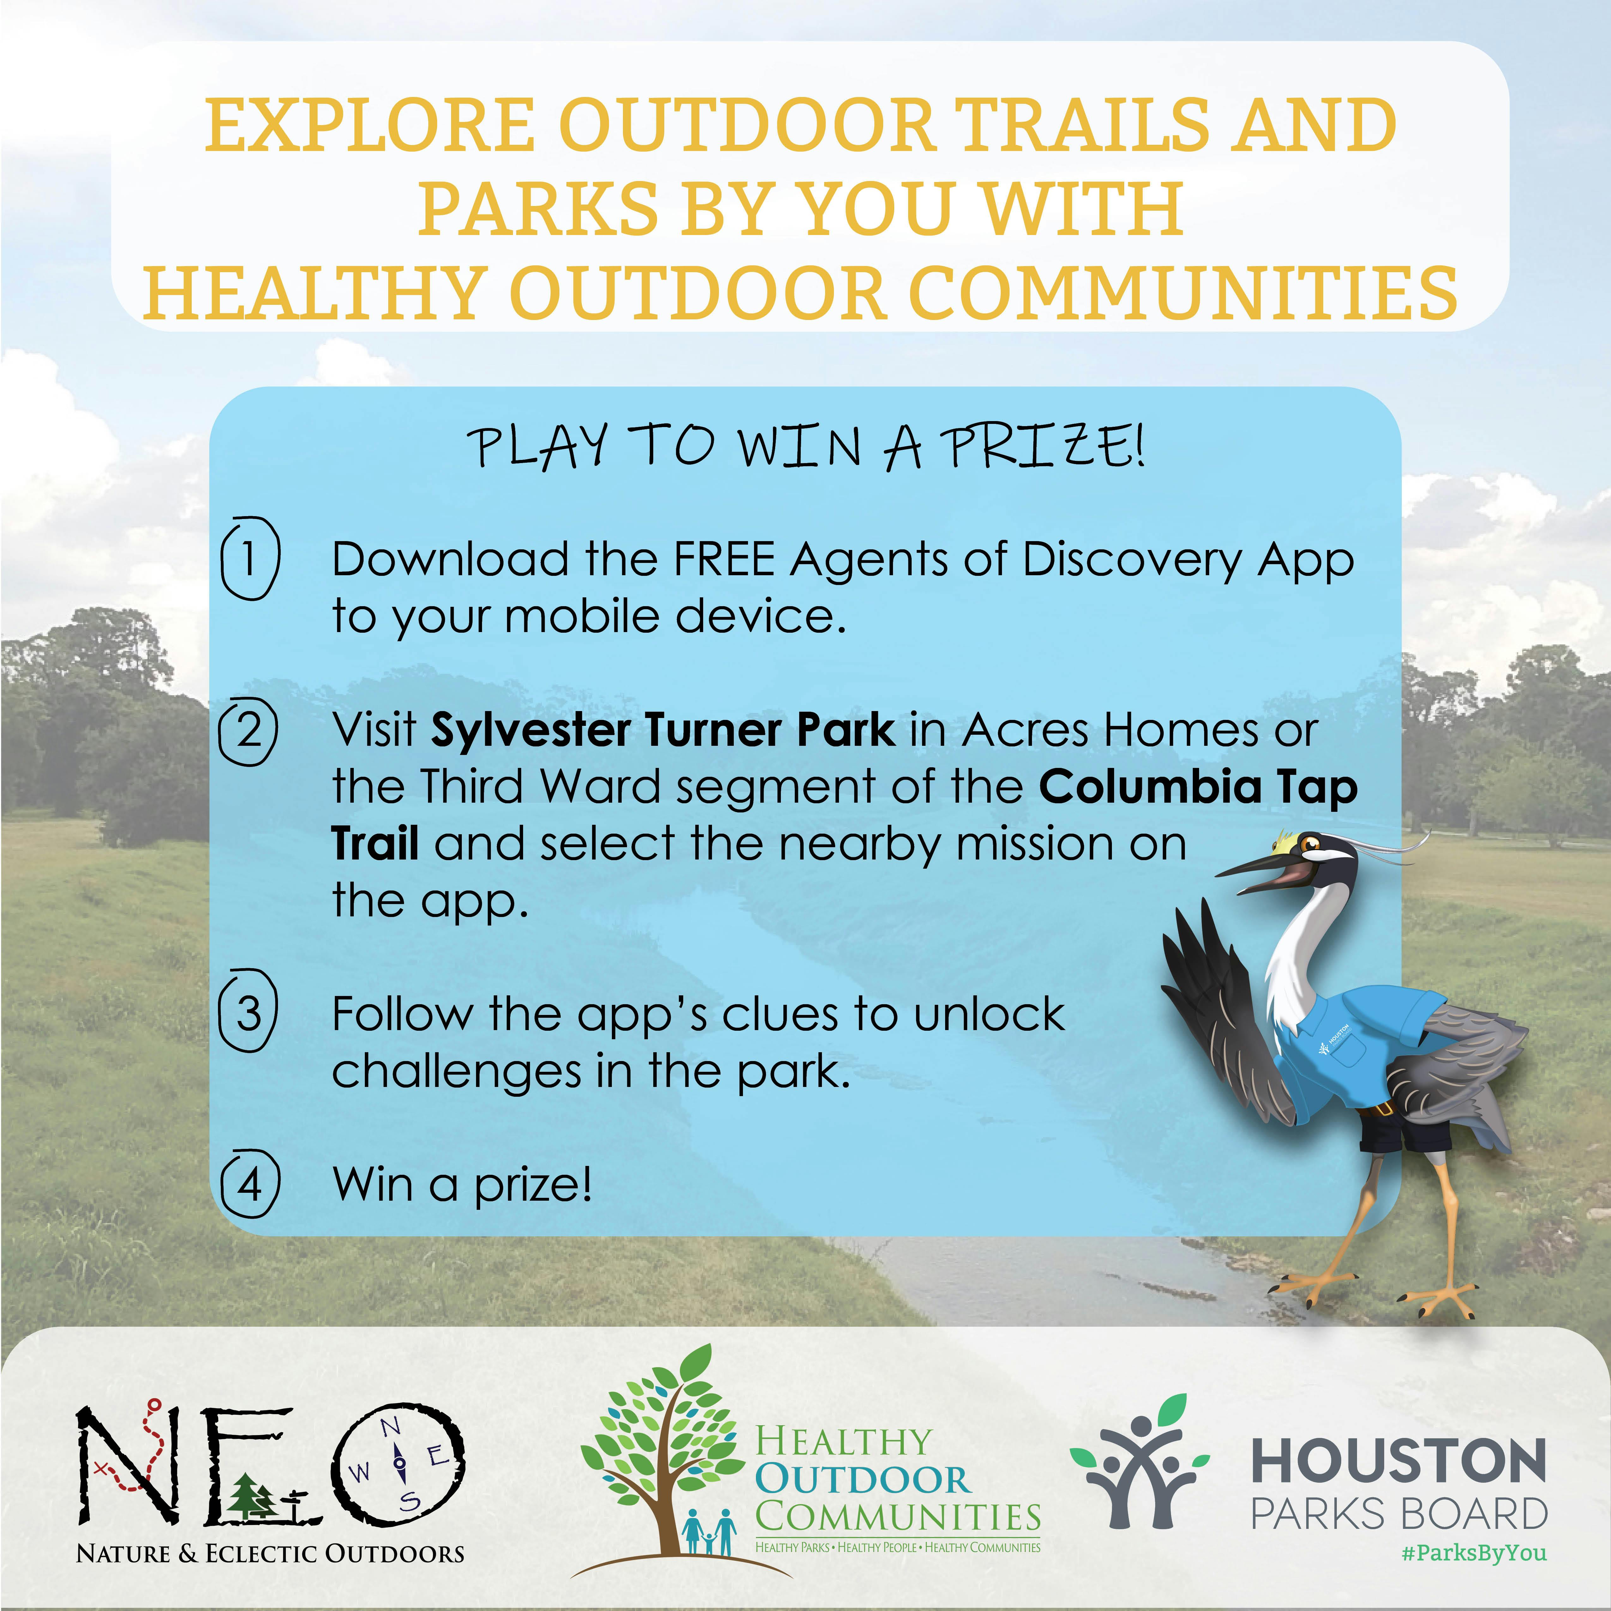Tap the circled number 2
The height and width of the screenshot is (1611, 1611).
[248, 730]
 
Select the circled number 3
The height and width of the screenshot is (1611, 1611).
[248, 1012]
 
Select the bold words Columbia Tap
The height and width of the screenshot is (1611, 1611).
[1198, 788]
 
